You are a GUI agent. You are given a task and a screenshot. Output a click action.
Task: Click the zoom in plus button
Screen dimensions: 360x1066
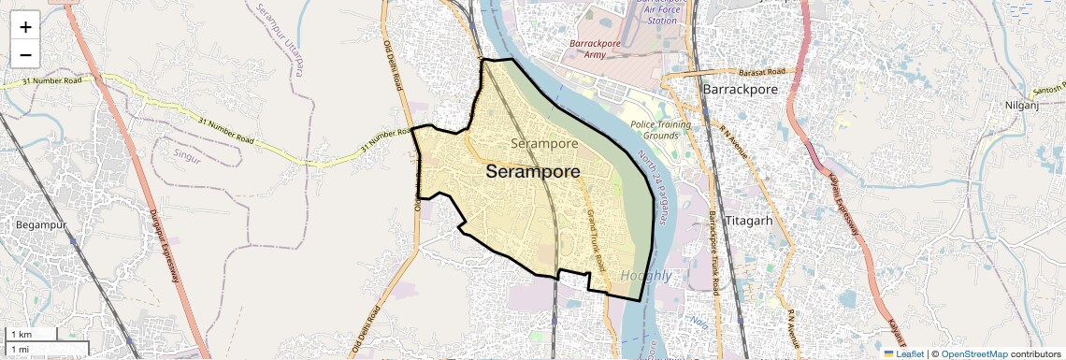pos(25,26)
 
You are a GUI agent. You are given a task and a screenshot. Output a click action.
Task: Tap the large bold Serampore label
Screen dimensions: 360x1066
pos(533,172)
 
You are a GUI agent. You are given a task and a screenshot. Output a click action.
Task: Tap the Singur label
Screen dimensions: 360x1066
pos(187,155)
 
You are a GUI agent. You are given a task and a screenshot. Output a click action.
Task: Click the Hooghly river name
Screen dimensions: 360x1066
pos(645,276)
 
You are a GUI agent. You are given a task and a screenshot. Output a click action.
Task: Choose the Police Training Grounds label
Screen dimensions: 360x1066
pos(660,130)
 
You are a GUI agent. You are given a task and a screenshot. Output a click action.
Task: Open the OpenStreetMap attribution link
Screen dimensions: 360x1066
pos(973,353)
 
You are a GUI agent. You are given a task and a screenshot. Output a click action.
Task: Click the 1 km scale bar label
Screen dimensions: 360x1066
pos(21,334)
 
